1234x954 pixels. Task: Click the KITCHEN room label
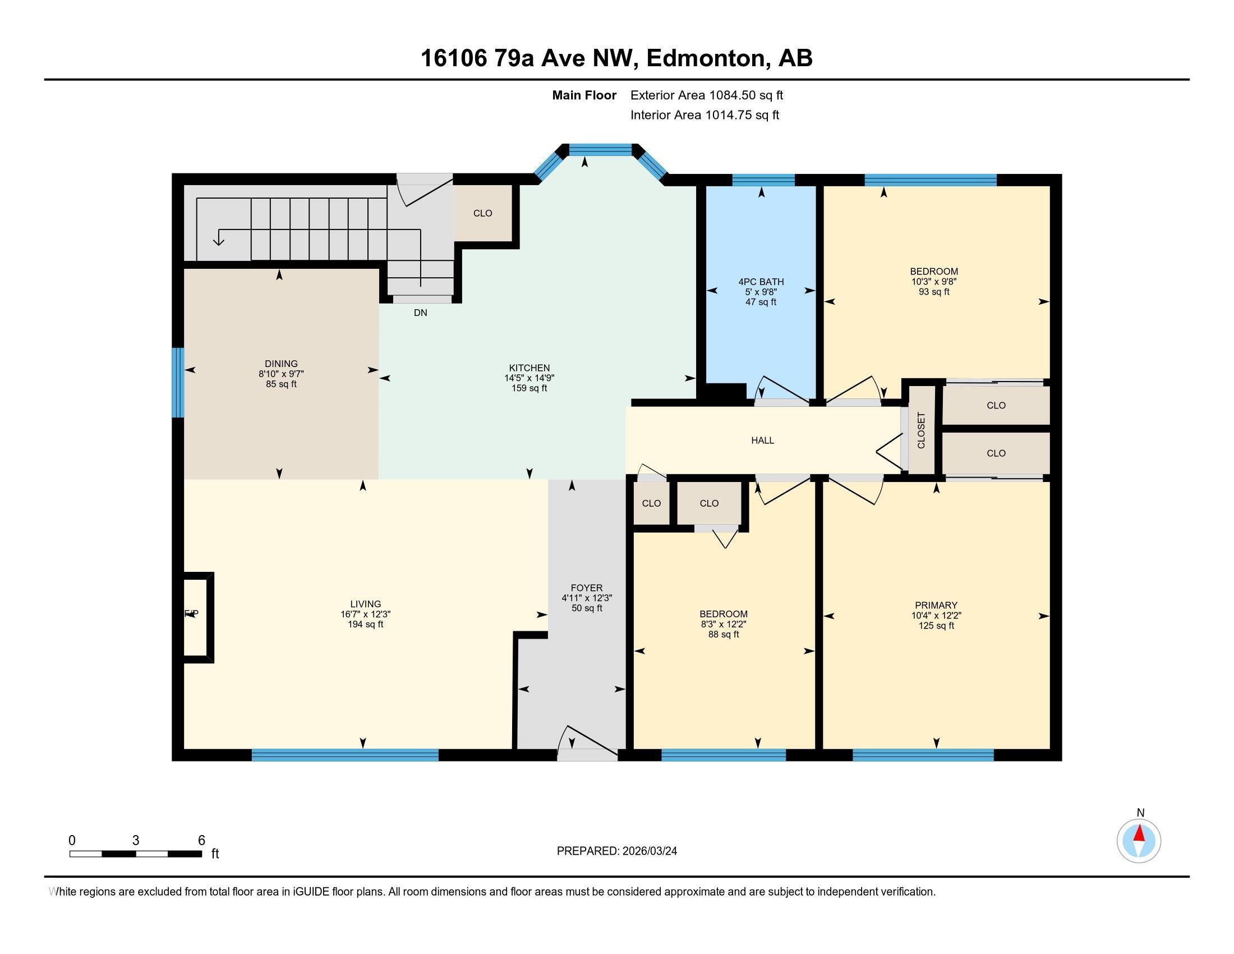pyautogui.click(x=529, y=368)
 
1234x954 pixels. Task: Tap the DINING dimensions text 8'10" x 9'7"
pyautogui.click(x=281, y=374)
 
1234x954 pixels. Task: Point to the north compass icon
pyautogui.click(x=1139, y=841)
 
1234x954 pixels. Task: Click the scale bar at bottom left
pyautogui.click(x=136, y=854)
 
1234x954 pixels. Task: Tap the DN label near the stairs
pyautogui.click(x=420, y=313)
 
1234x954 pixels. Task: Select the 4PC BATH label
pyautogui.click(x=761, y=282)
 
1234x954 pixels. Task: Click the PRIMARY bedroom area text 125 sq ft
pyautogui.click(x=936, y=626)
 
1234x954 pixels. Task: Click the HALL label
pyautogui.click(x=762, y=441)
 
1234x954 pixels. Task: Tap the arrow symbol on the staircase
pyautogui.click(x=218, y=240)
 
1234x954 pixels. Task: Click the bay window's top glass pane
pyautogui.click(x=600, y=150)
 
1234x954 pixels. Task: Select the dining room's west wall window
pyautogui.click(x=178, y=383)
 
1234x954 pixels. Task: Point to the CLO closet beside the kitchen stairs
pyautogui.click(x=482, y=214)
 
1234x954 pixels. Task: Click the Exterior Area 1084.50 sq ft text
pyautogui.click(x=706, y=95)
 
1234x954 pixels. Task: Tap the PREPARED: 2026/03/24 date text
pyautogui.click(x=616, y=851)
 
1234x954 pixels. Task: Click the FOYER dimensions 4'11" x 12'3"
pyautogui.click(x=587, y=598)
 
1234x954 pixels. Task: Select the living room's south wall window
pyautogui.click(x=344, y=754)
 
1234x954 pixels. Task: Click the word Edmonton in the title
pyautogui.click(x=705, y=58)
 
